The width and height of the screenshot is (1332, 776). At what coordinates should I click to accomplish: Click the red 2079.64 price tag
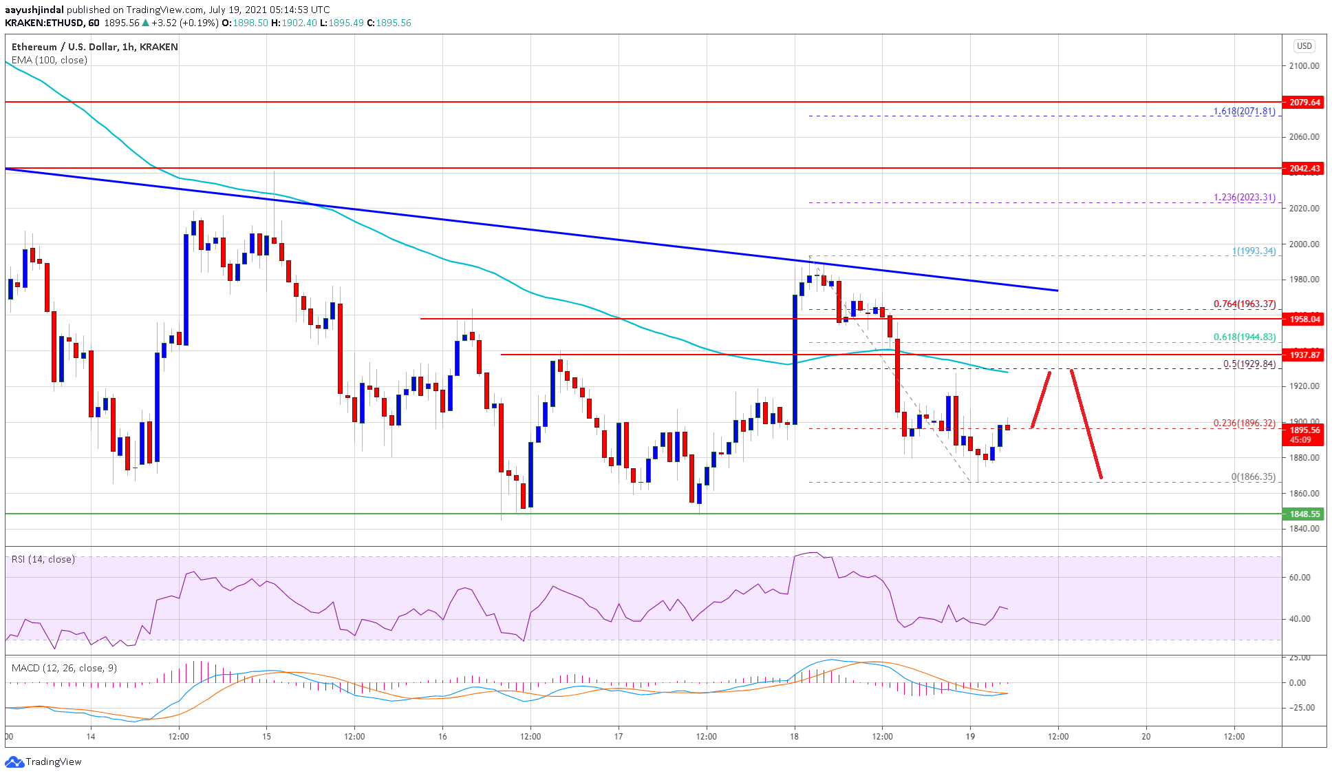(1304, 102)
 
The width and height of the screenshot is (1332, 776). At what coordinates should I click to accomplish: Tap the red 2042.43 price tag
(1304, 168)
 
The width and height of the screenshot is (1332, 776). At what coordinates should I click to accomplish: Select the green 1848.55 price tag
(1304, 514)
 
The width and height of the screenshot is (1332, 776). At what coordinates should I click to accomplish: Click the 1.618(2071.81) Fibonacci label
(1244, 111)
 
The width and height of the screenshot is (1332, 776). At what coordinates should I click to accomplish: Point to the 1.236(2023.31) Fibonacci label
(1244, 198)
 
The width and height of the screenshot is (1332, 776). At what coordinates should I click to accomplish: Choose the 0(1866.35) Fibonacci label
(1253, 476)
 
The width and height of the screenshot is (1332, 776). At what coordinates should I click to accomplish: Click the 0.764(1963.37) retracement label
(1244, 304)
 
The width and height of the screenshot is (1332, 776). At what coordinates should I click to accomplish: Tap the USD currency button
(1304, 46)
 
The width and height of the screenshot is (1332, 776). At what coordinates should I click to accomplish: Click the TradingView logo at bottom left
(43, 762)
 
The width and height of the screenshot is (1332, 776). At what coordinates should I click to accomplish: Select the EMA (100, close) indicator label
(50, 60)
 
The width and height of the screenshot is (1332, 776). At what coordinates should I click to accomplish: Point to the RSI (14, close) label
(43, 559)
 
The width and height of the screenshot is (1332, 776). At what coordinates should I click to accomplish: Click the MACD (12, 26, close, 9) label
(64, 668)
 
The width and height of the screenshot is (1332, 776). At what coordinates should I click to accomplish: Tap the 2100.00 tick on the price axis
(1304, 66)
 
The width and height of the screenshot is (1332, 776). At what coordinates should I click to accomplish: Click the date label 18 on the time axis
(794, 736)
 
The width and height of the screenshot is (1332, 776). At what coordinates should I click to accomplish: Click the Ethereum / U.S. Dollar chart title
(95, 47)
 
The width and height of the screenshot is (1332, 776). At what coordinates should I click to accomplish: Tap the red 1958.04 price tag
(1304, 319)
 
